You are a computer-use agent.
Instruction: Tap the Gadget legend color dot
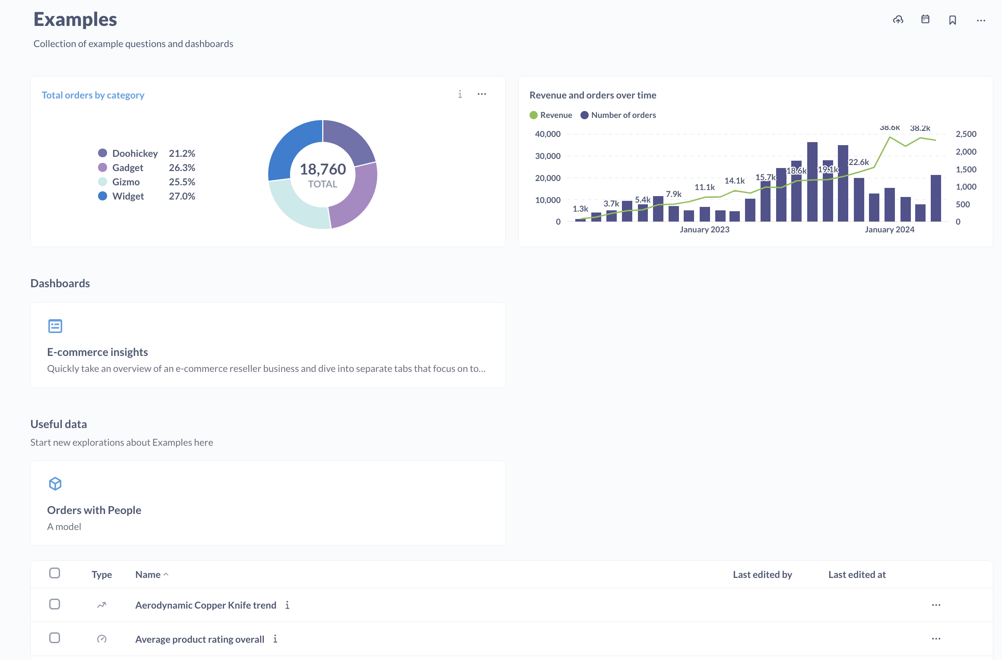pyautogui.click(x=102, y=168)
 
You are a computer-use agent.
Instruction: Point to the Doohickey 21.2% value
pyautogui.click(x=182, y=153)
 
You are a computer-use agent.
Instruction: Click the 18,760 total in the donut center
pyautogui.click(x=323, y=169)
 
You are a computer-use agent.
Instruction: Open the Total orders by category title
pyautogui.click(x=93, y=95)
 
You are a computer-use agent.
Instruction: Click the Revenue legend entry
pyautogui.click(x=551, y=115)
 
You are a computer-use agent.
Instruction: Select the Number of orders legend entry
pyautogui.click(x=618, y=115)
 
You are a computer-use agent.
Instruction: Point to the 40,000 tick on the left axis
pyautogui.click(x=548, y=134)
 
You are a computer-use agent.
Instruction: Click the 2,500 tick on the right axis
pyautogui.click(x=966, y=134)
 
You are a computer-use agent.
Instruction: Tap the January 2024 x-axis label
pyautogui.click(x=889, y=230)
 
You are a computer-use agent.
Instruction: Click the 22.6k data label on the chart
pyautogui.click(x=859, y=162)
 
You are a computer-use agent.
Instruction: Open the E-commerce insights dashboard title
pyautogui.click(x=98, y=352)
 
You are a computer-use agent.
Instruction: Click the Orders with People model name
pyautogui.click(x=94, y=510)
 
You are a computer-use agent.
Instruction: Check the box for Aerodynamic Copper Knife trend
pyautogui.click(x=55, y=604)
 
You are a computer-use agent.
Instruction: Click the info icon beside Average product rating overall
pyautogui.click(x=275, y=639)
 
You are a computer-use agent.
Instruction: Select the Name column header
pyautogui.click(x=148, y=574)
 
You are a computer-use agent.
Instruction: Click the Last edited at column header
pyautogui.click(x=857, y=574)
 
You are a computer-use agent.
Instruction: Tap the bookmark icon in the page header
pyautogui.click(x=952, y=20)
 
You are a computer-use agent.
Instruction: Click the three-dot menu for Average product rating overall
pyautogui.click(x=936, y=639)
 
